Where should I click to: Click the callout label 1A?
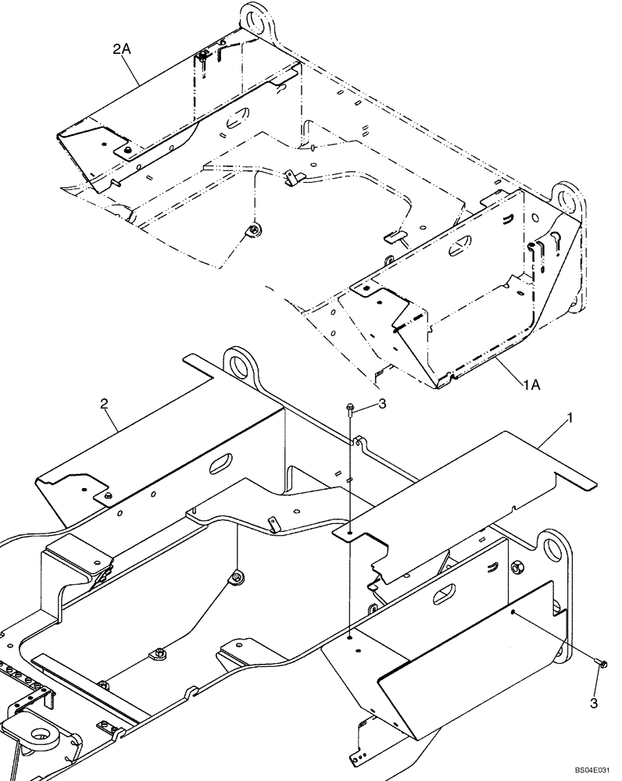(x=533, y=385)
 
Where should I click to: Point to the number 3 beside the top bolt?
(x=382, y=403)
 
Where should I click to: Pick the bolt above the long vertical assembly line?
(x=351, y=407)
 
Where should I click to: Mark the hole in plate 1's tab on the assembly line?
(x=350, y=535)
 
